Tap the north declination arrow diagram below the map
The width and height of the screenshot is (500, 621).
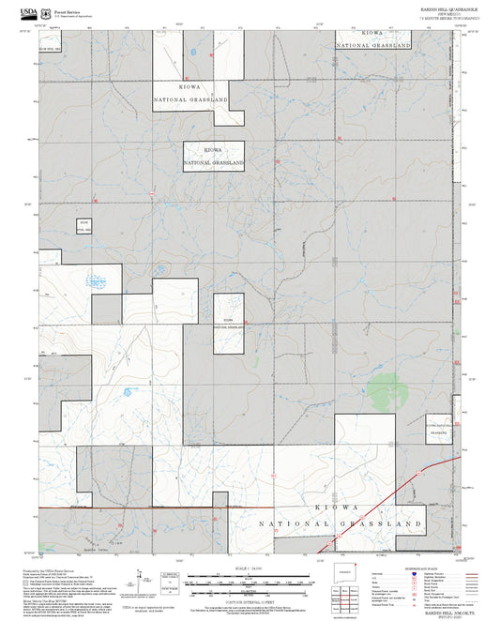click(140, 582)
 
